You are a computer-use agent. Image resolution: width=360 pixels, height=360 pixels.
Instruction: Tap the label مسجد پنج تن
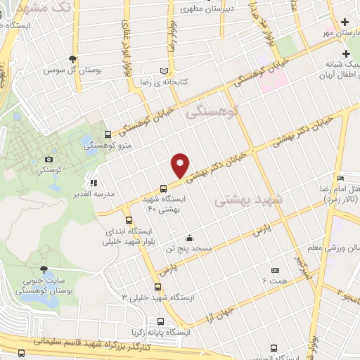point(188,248)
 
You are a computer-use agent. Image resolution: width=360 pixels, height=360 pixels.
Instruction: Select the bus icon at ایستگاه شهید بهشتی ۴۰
point(163,188)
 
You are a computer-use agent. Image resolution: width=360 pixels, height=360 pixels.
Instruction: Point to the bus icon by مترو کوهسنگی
point(107,135)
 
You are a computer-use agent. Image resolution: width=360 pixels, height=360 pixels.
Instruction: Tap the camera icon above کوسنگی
point(48,160)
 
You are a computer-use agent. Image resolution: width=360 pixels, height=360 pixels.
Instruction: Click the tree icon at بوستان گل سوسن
point(72,60)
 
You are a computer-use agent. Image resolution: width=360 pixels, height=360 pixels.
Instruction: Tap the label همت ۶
point(275,281)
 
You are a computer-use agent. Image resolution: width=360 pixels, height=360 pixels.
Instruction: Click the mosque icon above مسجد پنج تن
point(188,238)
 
